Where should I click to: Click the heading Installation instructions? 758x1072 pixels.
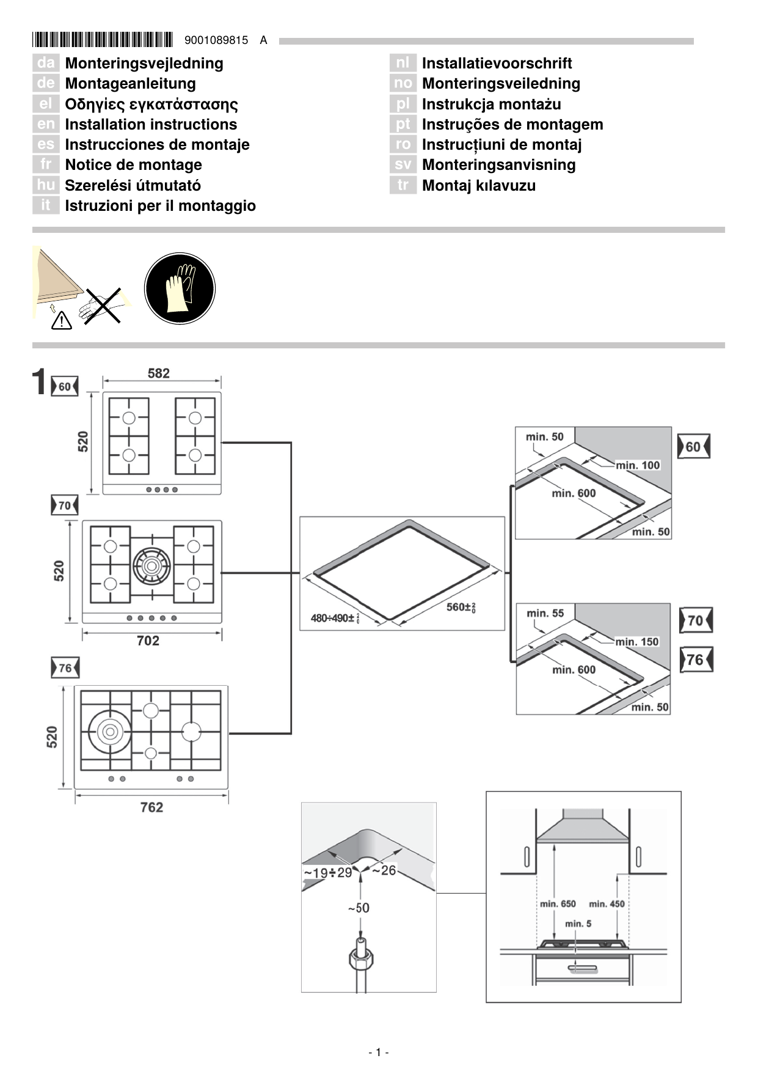(150, 124)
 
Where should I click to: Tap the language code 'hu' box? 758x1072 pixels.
(45, 185)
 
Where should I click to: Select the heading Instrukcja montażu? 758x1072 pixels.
(491, 104)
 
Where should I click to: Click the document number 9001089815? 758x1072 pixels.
(216, 40)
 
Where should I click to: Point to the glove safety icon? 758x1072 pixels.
(180, 288)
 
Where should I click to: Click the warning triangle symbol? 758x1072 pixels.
(62, 320)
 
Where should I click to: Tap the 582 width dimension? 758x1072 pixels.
(158, 373)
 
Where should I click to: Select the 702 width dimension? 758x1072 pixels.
(148, 641)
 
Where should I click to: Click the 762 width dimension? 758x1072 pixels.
(151, 807)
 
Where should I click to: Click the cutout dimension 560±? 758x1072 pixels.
(461, 607)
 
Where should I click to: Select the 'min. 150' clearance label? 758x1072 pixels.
(636, 642)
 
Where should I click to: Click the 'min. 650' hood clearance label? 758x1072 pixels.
(557, 903)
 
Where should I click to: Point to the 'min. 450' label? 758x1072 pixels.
(607, 903)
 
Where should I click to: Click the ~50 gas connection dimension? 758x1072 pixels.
(359, 908)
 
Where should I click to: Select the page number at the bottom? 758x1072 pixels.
(379, 1052)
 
